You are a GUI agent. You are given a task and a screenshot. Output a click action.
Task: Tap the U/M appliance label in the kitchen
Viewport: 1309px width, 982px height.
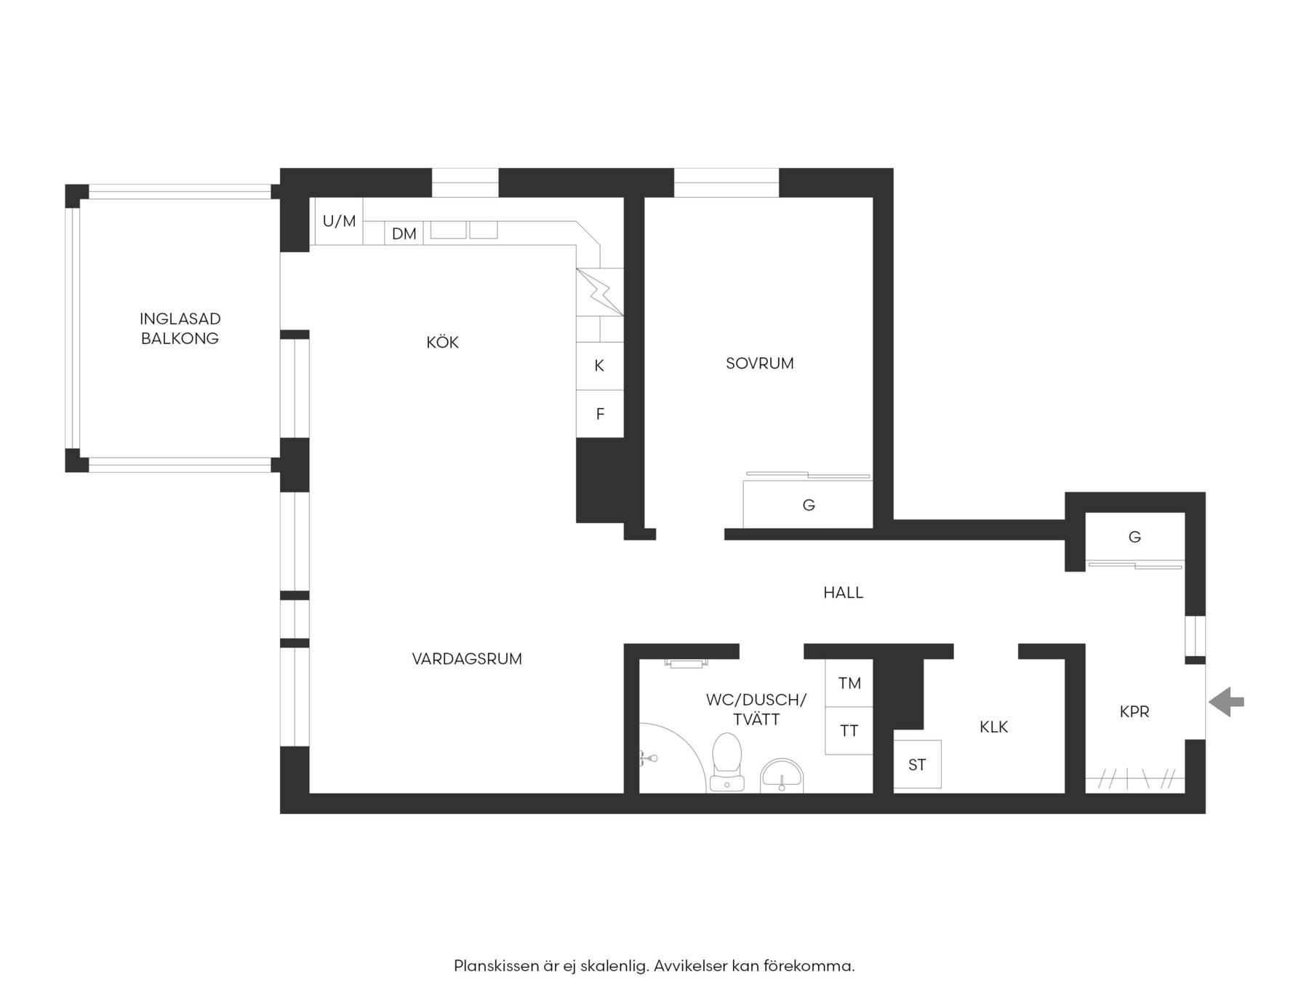coord(340,221)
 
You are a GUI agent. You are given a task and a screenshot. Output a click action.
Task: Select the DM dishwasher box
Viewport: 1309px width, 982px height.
coord(404,233)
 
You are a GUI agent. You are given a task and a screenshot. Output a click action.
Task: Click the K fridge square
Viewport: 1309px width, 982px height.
coord(600,366)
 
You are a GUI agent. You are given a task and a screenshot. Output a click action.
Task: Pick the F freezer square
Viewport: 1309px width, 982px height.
coord(600,414)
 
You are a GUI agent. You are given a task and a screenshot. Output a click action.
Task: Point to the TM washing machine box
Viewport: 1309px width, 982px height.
coord(849,683)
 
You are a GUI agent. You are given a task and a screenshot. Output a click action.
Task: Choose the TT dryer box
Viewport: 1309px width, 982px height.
coord(849,730)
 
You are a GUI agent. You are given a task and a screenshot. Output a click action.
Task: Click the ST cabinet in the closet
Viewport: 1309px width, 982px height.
coord(917,765)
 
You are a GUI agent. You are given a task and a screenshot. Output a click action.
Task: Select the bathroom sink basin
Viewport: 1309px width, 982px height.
coord(782,775)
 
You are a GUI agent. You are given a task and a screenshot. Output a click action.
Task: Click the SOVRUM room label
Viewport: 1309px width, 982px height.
coord(760,363)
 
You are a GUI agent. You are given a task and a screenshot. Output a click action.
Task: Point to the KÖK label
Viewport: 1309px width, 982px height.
coord(442,341)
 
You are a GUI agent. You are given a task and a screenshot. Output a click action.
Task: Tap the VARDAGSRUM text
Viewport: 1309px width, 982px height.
coord(467,659)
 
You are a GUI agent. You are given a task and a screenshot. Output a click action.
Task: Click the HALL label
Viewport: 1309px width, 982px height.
coord(844,593)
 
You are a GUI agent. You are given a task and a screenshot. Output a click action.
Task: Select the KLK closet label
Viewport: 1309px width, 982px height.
coord(993,727)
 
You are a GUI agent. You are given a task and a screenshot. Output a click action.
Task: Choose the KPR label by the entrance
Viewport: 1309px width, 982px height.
coord(1134,711)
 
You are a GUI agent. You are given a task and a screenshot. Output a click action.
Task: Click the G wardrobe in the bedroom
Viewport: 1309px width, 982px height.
coord(808,504)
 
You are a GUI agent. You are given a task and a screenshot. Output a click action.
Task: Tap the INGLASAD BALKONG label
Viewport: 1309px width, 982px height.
coord(180,328)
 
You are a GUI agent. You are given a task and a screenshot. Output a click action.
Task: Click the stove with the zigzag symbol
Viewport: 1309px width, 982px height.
coord(600,292)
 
